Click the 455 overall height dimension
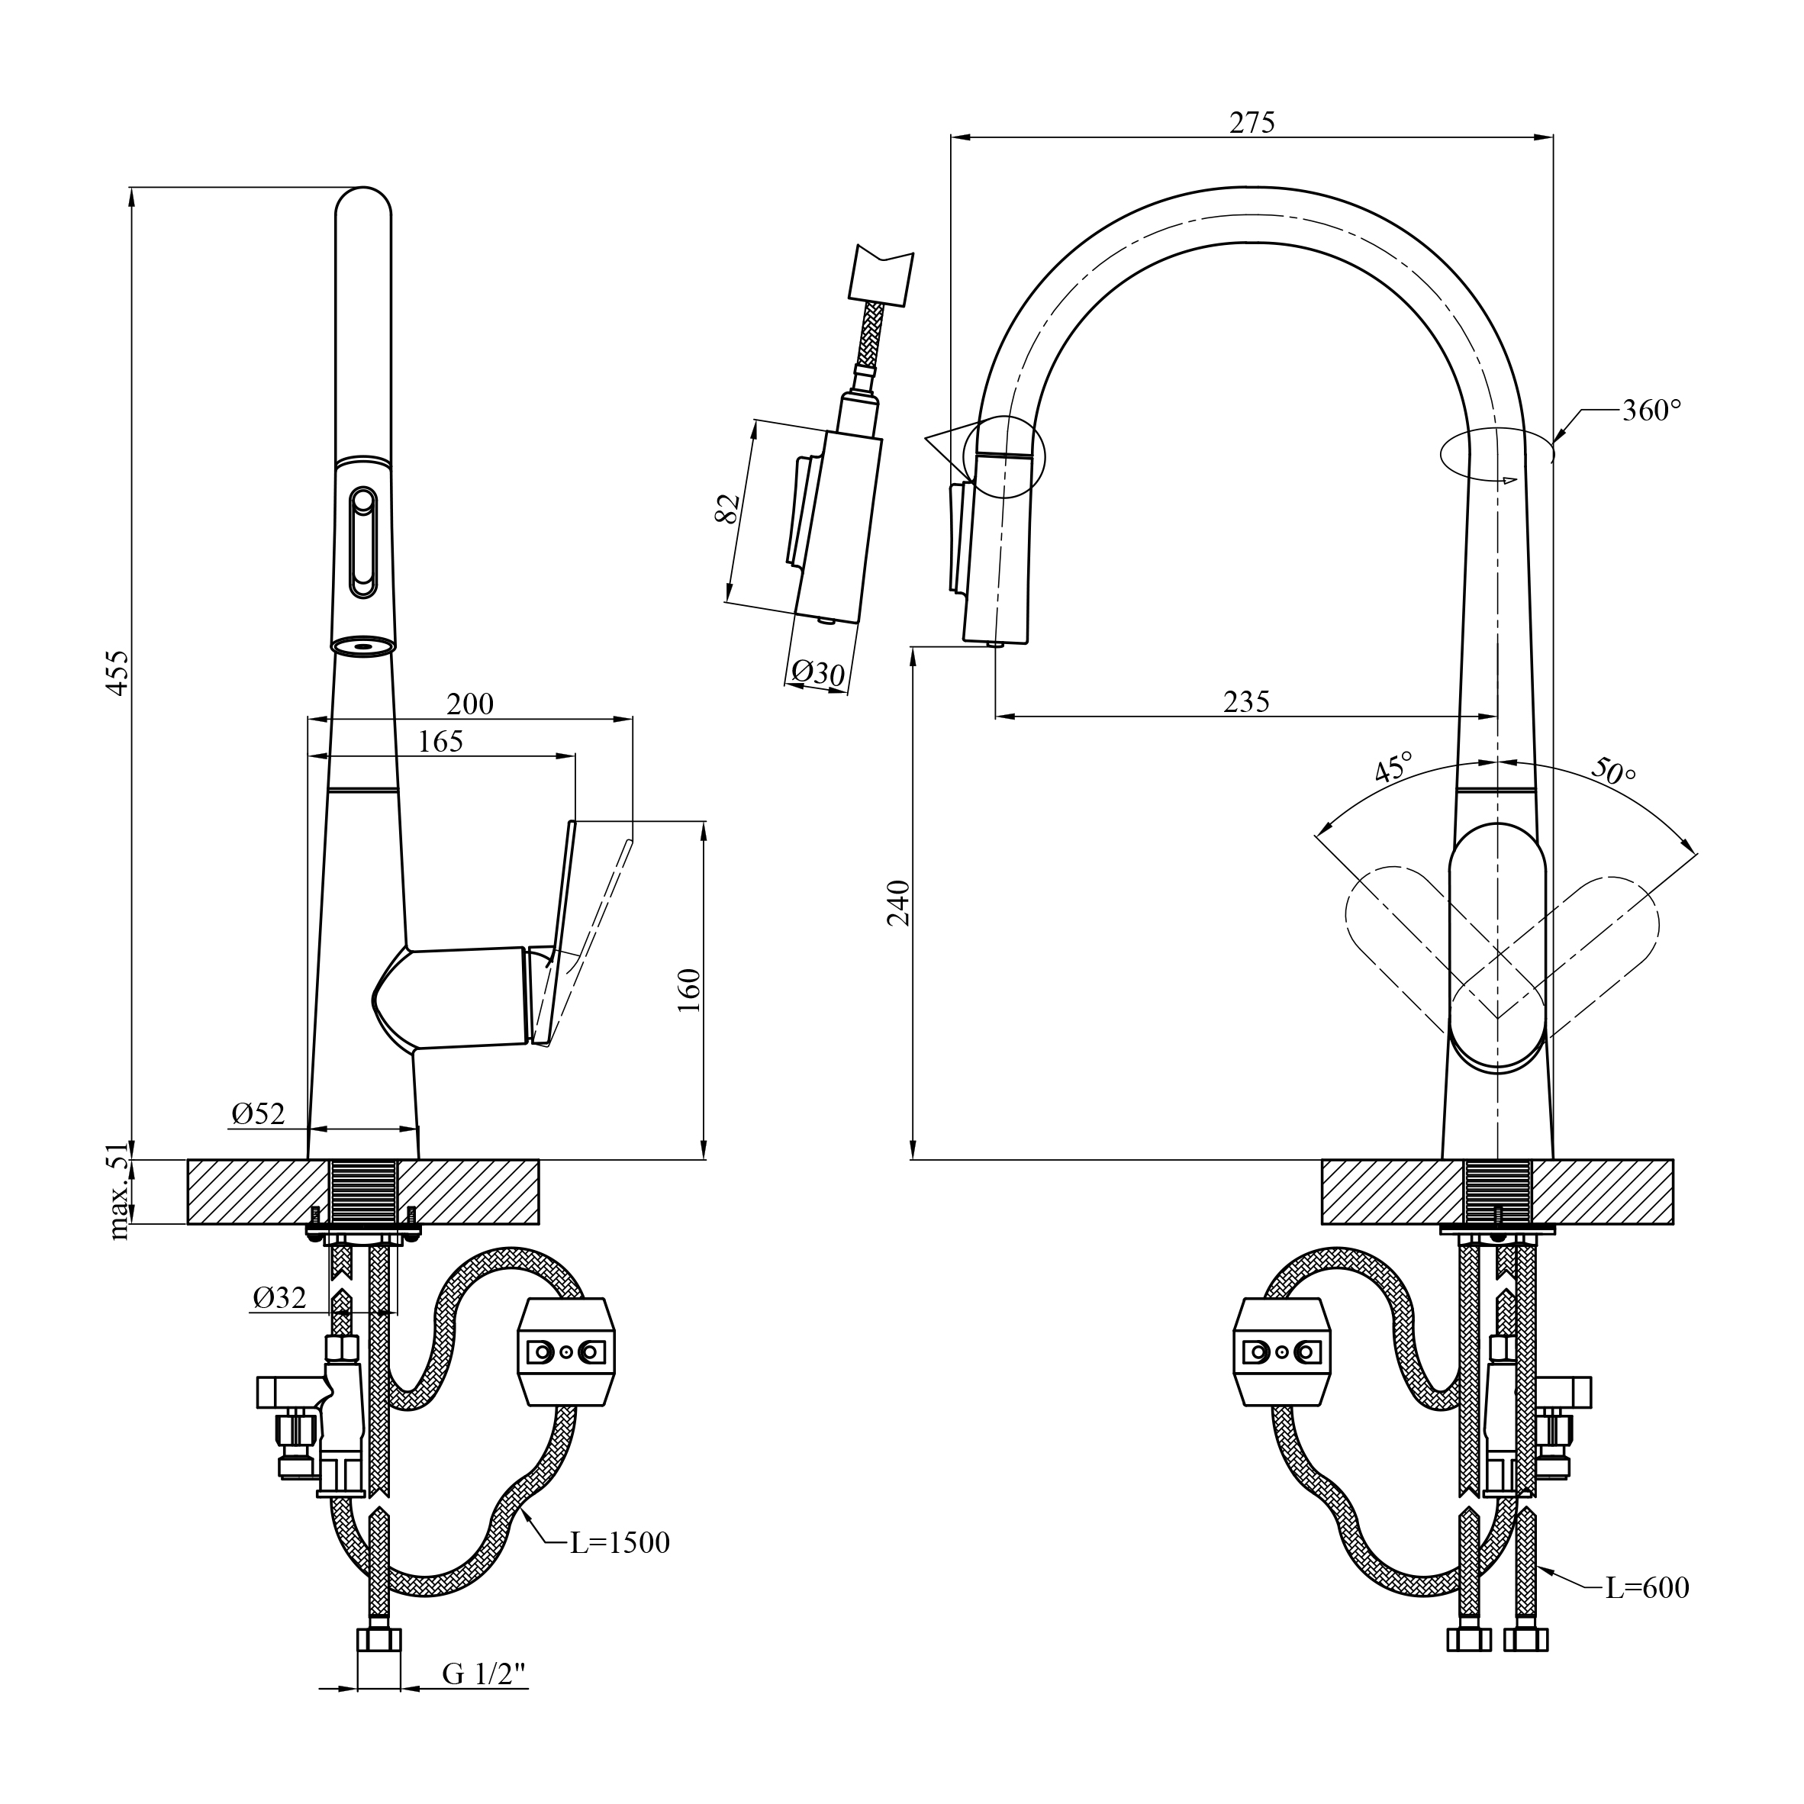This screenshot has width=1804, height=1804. tap(118, 672)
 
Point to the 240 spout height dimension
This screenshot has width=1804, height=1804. tap(898, 902)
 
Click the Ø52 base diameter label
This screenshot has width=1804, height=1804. tap(258, 1114)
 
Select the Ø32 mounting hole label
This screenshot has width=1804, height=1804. tap(279, 1298)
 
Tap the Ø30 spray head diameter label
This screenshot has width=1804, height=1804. tap(818, 672)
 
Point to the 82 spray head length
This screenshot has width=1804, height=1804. tap(728, 508)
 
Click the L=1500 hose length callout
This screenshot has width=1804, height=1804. tap(620, 1542)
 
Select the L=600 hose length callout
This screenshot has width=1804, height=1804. tap(1647, 1587)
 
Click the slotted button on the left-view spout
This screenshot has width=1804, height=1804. tap(362, 543)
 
